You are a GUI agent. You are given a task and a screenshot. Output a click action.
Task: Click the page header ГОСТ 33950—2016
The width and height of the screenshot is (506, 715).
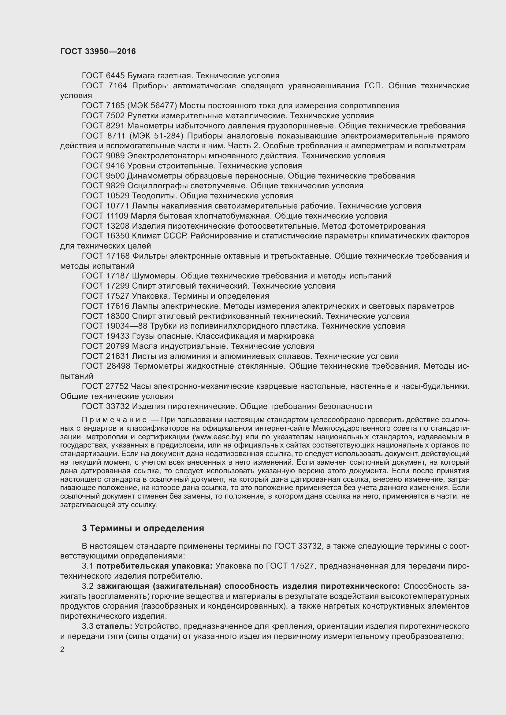(98, 51)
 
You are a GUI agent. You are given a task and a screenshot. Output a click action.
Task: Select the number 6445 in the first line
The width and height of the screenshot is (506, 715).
(115, 76)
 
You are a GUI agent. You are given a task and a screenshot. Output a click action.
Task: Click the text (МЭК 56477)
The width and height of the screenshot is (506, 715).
(152, 105)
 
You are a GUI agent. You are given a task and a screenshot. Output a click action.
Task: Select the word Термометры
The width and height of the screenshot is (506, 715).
(158, 366)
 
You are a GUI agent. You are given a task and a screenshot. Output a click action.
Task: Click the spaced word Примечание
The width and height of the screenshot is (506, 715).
(114, 420)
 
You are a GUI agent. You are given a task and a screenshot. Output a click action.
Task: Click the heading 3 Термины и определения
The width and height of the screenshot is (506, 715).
(143, 528)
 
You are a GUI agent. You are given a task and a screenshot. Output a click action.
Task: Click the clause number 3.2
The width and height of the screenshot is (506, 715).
(87, 586)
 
